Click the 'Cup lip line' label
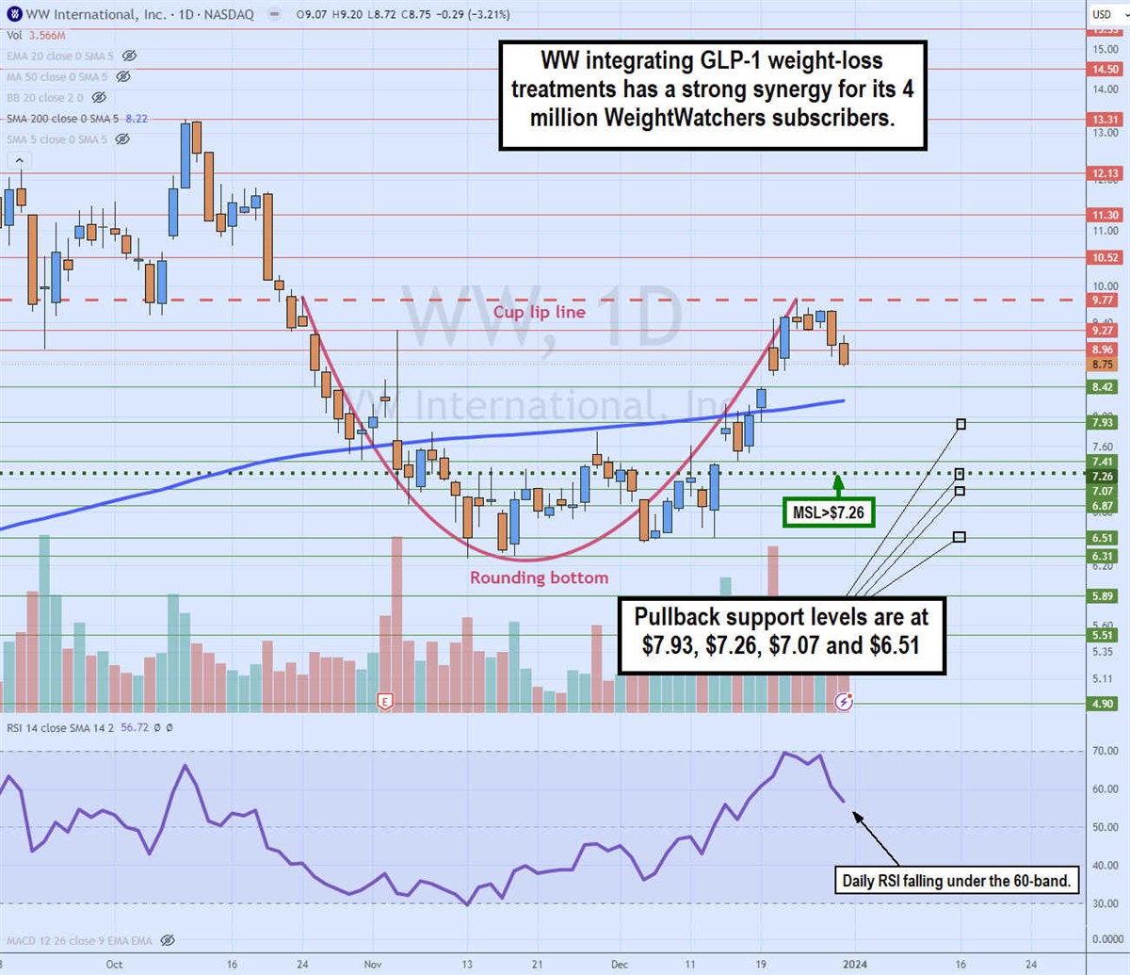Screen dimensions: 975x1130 [x=539, y=312]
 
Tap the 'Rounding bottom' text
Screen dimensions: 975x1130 [x=539, y=577]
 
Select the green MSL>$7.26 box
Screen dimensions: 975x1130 [x=828, y=512]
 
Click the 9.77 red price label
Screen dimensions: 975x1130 [x=1103, y=301]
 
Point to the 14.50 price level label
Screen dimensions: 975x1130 [x=1105, y=69]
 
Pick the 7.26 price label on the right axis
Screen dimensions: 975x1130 [x=1103, y=477]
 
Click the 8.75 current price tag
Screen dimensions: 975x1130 [x=1103, y=365]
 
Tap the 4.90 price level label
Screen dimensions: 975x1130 [x=1103, y=704]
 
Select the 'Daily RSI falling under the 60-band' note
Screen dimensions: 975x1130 [x=956, y=882]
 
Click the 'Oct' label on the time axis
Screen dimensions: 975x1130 [x=114, y=965]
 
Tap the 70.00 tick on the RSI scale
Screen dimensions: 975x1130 [x=1106, y=751]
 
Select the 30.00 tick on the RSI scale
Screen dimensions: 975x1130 [x=1106, y=903]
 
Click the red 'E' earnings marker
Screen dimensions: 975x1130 [x=384, y=701]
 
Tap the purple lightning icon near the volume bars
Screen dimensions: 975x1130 [x=845, y=702]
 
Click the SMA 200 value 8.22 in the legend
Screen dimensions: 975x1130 [x=137, y=119]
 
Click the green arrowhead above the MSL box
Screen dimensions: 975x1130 [x=838, y=481]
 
